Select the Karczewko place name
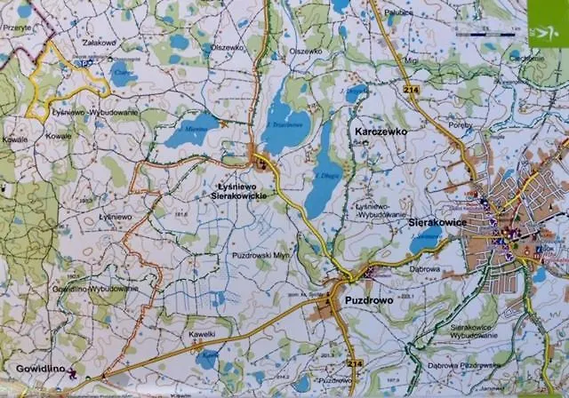click(x=380, y=131)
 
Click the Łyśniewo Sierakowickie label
click(x=243, y=189)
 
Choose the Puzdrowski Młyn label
click(x=256, y=255)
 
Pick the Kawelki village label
click(x=202, y=334)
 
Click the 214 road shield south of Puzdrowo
click(x=356, y=364)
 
